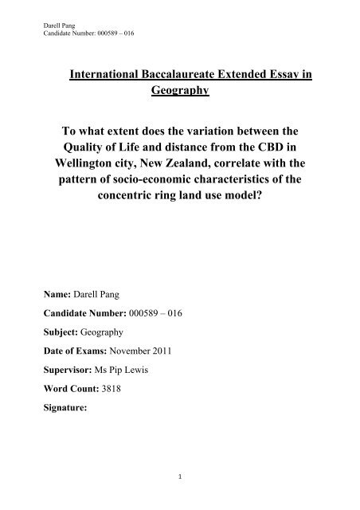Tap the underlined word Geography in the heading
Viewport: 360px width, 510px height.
pos(179,92)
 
